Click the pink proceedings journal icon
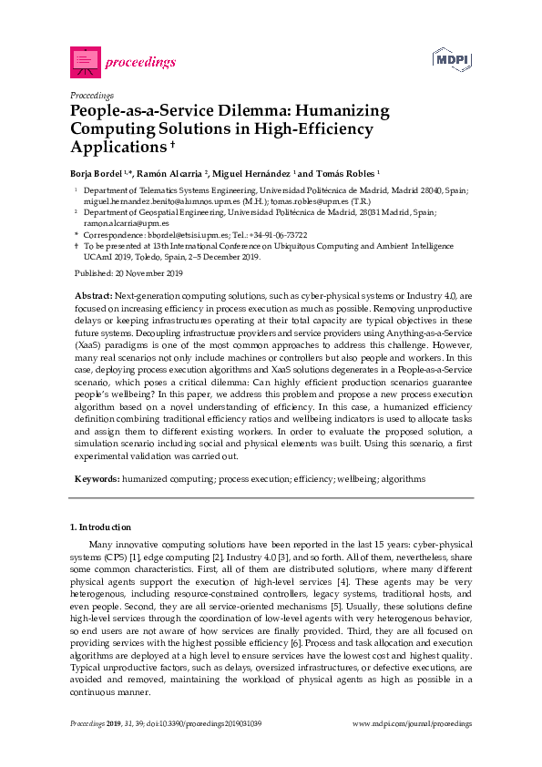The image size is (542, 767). (84, 61)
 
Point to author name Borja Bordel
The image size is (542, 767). (98, 172)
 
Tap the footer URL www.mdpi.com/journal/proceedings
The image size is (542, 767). (412, 723)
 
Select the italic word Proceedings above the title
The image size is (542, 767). (91, 94)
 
